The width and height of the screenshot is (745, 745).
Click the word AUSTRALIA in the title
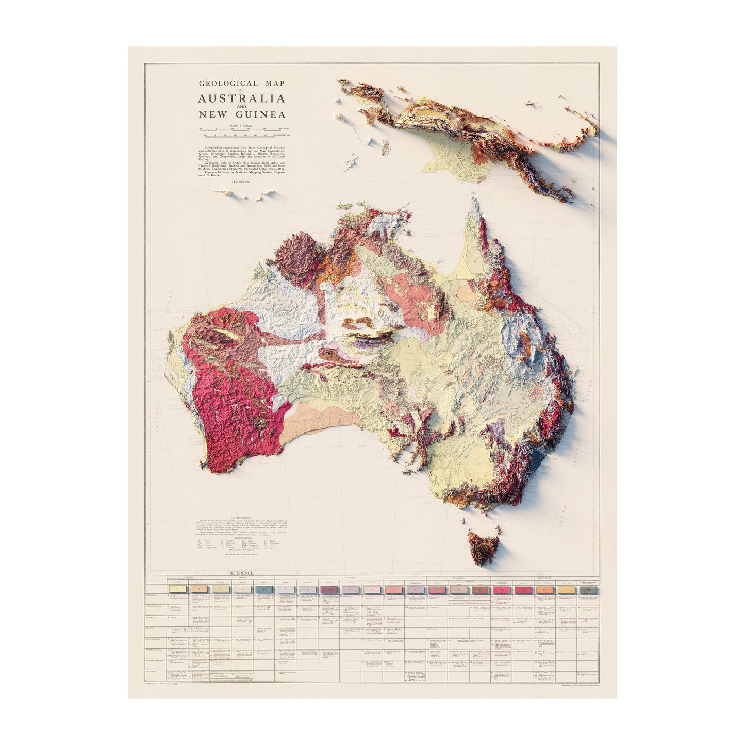tap(241, 98)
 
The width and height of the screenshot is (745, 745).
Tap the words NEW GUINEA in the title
tap(241, 114)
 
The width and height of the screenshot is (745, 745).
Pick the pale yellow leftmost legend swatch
tap(177, 588)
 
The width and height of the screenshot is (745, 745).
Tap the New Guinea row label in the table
tap(154, 672)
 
